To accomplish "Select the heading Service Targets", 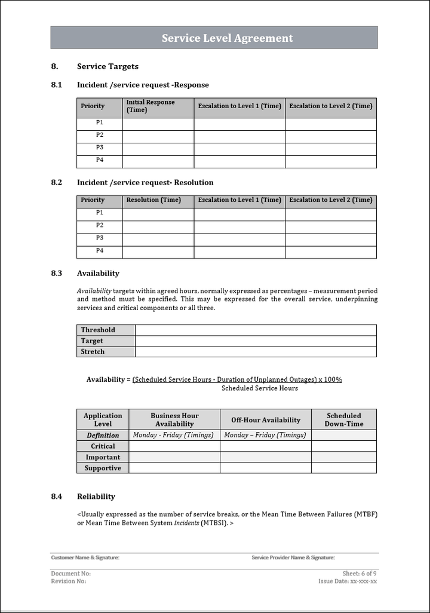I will (107, 66).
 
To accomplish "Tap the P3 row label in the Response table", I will (100, 147).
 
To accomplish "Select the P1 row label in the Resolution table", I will (100, 213).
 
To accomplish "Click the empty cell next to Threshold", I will (256, 330).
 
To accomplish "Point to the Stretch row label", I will (93, 352).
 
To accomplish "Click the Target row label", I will (92, 341).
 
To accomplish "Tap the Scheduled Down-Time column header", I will (343, 419).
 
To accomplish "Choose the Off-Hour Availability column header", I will (266, 420).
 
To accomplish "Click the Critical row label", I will (103, 446).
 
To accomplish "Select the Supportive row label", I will (103, 468).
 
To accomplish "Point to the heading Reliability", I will (96, 496).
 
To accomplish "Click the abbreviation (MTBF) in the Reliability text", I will (365, 514).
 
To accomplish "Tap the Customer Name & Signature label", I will (85, 557).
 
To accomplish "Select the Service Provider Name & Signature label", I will (293, 557).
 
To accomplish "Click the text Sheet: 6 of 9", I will (360, 574).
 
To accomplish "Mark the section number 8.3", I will (57, 274).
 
